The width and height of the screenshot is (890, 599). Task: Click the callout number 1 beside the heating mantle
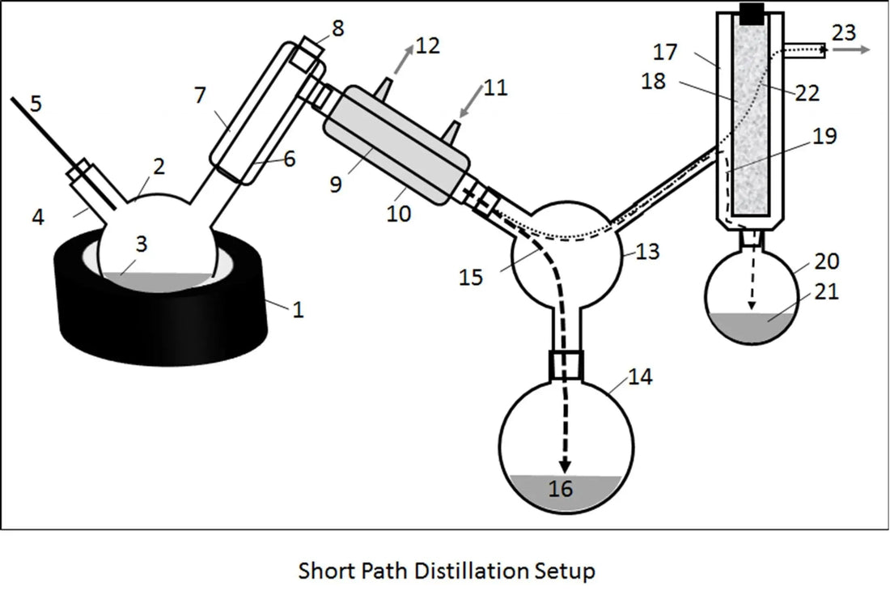click(299, 309)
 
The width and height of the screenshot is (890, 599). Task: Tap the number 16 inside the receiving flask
click(561, 488)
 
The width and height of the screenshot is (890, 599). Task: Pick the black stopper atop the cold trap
click(752, 13)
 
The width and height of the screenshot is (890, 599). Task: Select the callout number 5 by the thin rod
click(35, 104)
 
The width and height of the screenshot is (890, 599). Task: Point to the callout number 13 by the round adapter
click(647, 252)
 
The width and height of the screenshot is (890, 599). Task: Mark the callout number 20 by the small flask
click(827, 261)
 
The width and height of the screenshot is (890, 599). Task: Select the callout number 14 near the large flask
click(638, 378)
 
